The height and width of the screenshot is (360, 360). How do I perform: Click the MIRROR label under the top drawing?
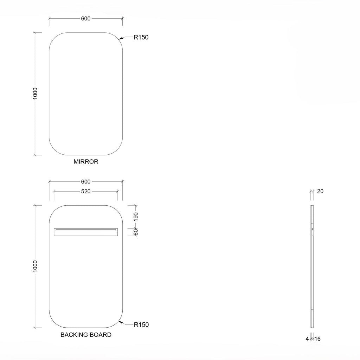coord(86,162)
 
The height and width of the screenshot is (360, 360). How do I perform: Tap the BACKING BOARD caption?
coord(86,335)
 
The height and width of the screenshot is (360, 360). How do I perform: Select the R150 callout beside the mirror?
coord(141,37)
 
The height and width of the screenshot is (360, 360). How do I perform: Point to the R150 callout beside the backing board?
coord(141,324)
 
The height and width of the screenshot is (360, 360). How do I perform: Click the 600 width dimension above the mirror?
coord(86,19)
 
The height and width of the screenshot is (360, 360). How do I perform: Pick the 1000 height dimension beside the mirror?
coord(35,94)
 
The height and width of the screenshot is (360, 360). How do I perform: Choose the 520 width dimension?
coord(86,192)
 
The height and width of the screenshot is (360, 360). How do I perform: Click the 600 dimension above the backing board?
coord(86,182)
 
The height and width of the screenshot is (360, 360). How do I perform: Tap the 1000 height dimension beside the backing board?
coord(35,266)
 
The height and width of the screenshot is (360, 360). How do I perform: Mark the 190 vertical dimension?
coord(136,217)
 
